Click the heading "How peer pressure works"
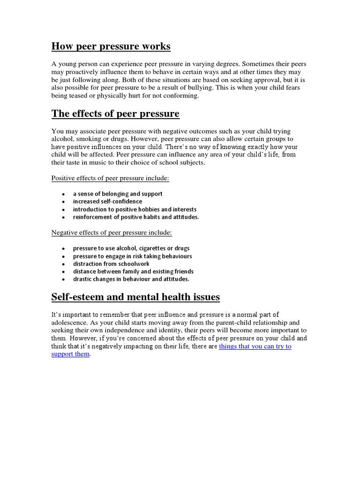click(x=111, y=46)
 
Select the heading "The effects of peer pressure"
click(x=115, y=114)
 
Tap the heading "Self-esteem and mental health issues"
click(x=135, y=297)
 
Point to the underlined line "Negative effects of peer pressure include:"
click(x=112, y=232)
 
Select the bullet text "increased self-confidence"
click(x=107, y=202)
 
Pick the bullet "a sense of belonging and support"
click(x=118, y=194)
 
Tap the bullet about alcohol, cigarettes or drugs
click(x=131, y=248)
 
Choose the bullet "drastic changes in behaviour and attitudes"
click(x=131, y=279)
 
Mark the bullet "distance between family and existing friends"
click(x=133, y=271)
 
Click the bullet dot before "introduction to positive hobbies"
click(x=63, y=210)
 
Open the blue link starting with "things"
click(x=255, y=346)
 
